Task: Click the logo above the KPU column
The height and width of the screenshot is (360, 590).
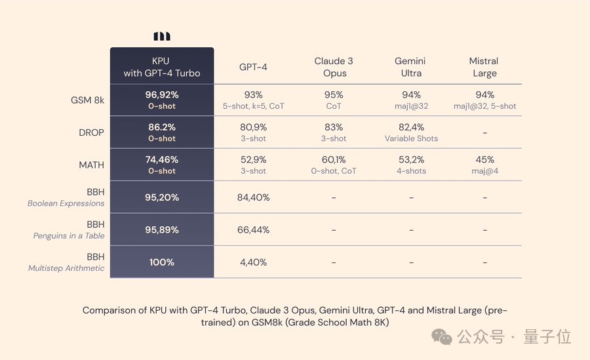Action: (x=161, y=36)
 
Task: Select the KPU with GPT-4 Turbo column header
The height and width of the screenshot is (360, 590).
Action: (x=161, y=67)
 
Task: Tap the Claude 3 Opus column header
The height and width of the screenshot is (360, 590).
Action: (x=334, y=67)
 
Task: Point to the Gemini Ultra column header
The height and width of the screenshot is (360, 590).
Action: (x=411, y=67)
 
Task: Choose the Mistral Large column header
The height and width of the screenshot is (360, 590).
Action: (x=484, y=67)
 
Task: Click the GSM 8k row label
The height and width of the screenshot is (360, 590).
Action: (x=87, y=100)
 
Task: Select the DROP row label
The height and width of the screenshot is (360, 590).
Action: (x=91, y=132)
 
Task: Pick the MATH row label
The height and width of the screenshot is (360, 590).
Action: (x=91, y=165)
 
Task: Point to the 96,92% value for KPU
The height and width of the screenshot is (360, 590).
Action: (x=161, y=94)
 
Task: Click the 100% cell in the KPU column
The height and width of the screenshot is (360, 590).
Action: (x=161, y=262)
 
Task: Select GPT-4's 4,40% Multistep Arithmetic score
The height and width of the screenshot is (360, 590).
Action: (x=253, y=262)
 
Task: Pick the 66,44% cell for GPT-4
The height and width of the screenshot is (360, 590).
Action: (x=253, y=230)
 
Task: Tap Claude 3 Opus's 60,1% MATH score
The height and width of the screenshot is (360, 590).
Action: (x=334, y=159)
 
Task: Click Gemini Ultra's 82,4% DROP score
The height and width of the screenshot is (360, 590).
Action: (x=411, y=127)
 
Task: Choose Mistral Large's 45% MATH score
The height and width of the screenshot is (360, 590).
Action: (x=484, y=159)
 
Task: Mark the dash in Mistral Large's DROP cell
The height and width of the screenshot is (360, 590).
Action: (x=484, y=133)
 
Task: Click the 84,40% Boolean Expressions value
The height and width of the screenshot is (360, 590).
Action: (x=253, y=197)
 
